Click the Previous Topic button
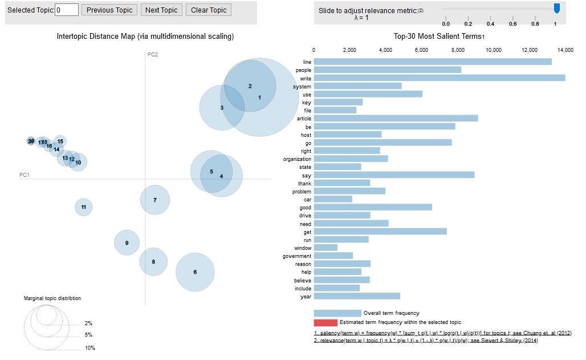point(109,10)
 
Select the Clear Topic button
point(209,10)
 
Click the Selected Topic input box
point(67,10)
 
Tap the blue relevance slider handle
point(557,8)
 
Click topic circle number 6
point(195,272)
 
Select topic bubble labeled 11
point(84,207)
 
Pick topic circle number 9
point(127,243)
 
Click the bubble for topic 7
point(155,200)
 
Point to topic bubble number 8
point(153,262)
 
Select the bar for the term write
point(439,78)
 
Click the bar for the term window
point(325,248)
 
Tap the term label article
point(304,119)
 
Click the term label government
point(297,256)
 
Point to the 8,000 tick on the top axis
point(457,50)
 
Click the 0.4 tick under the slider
point(490,24)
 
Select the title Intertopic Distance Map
point(145,37)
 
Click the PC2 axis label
point(153,55)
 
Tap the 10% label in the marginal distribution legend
point(89,348)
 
